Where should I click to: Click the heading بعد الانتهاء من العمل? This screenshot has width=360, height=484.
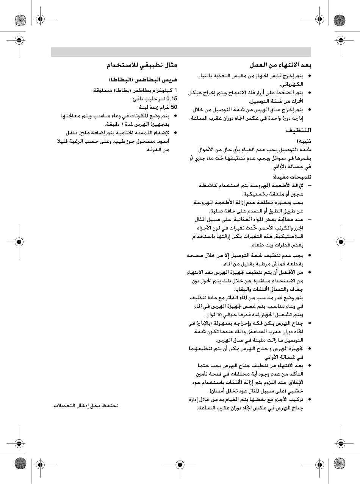tap(280, 65)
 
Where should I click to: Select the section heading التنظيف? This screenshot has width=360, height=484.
tap(298, 130)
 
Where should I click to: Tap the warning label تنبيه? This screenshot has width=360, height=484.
tap(303, 141)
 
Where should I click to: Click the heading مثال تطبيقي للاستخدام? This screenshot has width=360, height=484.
tap(142, 65)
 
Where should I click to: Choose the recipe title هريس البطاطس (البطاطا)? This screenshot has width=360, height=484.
tap(143, 80)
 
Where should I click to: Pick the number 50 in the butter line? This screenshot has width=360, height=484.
tap(174, 107)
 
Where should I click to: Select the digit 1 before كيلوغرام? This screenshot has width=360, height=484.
tap(175, 90)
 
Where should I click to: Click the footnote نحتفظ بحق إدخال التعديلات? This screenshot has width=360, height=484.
tap(86, 406)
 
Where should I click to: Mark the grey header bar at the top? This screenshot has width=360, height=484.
tap(181, 52)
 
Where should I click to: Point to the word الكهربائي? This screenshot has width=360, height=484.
tap(292, 84)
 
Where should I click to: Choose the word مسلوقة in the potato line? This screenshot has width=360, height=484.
tap(103, 90)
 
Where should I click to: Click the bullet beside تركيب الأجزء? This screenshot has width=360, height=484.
tap(309, 400)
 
